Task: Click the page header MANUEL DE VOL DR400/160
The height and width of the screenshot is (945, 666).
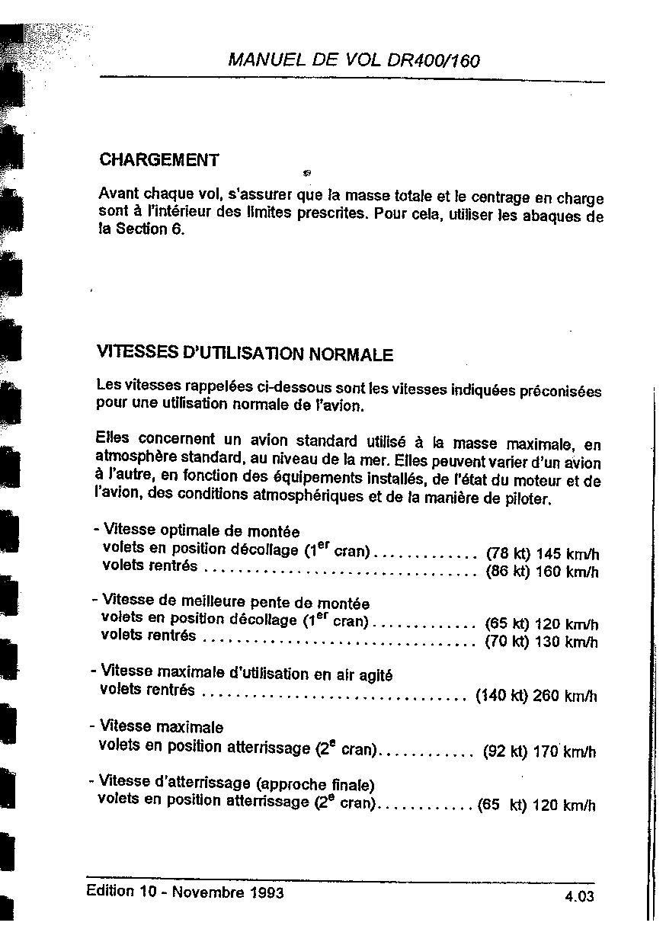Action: (354, 61)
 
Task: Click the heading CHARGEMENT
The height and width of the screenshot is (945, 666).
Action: (159, 160)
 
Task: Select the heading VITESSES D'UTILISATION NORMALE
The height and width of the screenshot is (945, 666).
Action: (245, 354)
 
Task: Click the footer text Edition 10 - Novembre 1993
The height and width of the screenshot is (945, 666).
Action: (185, 892)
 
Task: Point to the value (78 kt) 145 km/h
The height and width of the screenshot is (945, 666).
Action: (542, 554)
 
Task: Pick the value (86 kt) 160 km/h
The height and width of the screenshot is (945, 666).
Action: (542, 572)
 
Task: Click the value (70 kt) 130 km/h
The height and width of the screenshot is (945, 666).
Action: (541, 642)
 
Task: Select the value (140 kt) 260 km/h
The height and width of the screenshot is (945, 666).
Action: (536, 696)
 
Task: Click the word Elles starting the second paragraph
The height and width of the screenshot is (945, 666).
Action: (113, 438)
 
